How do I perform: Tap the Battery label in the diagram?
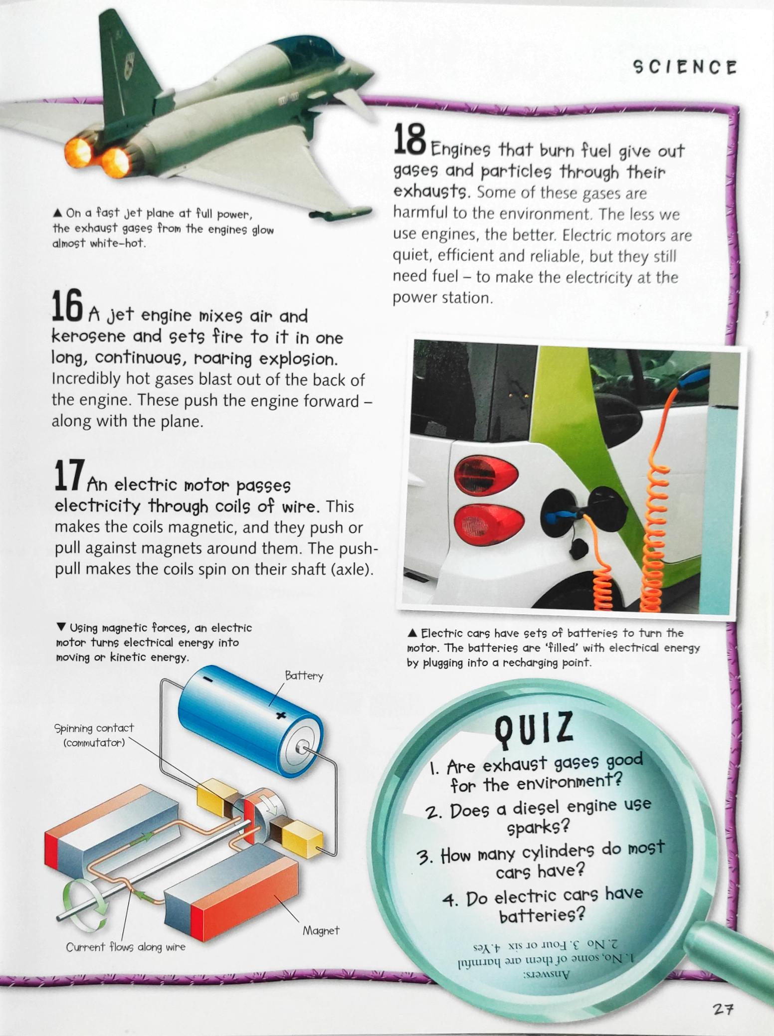[304, 676]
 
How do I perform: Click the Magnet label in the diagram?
[321, 930]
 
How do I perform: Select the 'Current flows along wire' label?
[126, 947]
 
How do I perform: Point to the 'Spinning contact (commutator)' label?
[94, 735]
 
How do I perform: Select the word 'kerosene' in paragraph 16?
[88, 337]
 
